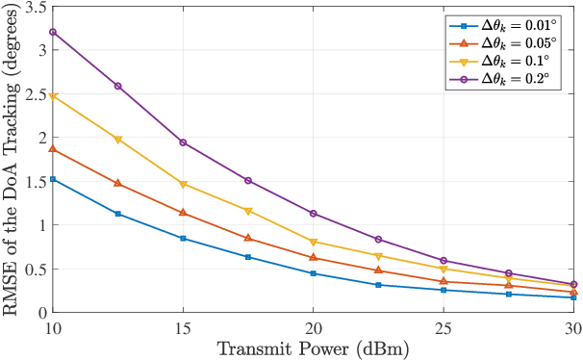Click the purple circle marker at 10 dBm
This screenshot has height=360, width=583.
(x=53, y=32)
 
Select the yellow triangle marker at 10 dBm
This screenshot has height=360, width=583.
(x=53, y=96)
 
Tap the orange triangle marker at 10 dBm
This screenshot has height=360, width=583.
(x=53, y=149)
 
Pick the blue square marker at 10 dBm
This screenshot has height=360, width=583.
(x=53, y=179)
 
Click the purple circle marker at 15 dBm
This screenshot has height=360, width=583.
(x=183, y=142)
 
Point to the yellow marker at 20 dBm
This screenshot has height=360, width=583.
(x=313, y=242)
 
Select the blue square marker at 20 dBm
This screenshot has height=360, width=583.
(x=313, y=273)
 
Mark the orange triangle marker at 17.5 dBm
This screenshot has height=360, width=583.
(x=247, y=238)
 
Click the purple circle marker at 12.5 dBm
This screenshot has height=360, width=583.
(x=117, y=86)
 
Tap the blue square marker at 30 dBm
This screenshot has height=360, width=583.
(x=572, y=297)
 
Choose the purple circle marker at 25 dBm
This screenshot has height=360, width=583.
(x=443, y=261)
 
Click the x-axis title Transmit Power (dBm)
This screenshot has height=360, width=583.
(x=313, y=348)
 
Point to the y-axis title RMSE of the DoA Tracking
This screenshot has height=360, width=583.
(x=13, y=162)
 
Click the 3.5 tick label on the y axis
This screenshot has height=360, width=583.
(x=34, y=7)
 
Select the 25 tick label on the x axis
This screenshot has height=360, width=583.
(x=443, y=327)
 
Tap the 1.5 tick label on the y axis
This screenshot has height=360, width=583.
(x=34, y=181)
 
